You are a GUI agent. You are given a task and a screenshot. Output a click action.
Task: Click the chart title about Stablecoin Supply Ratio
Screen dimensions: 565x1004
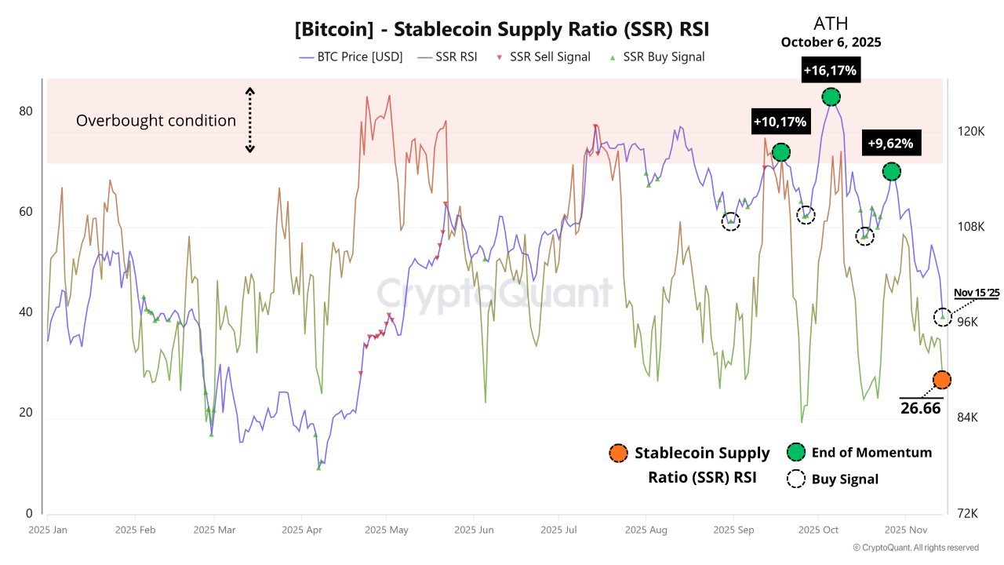coord(502,30)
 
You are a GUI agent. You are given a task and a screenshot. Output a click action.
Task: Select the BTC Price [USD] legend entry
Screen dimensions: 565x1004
coord(351,56)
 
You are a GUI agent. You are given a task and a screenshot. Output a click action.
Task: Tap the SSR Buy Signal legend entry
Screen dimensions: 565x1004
coord(657,56)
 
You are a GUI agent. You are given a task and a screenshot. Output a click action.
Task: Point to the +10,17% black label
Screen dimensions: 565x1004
coord(780,122)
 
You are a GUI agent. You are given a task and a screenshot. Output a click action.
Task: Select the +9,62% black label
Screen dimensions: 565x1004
coord(889,144)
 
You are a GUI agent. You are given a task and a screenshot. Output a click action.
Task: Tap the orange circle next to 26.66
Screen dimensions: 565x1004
coord(942,380)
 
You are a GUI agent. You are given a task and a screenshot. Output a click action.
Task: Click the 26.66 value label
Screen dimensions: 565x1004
coord(921,408)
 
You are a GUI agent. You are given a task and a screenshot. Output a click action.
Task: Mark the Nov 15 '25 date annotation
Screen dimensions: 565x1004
coord(977,293)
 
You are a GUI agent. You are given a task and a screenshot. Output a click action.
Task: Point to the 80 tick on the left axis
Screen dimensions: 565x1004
coord(26,111)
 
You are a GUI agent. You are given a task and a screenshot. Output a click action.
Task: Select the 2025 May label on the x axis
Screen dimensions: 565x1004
coord(387,530)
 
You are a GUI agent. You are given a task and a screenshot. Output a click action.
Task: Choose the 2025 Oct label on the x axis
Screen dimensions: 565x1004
coord(818,530)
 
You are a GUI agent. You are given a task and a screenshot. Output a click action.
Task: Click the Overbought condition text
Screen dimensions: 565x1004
coord(156,121)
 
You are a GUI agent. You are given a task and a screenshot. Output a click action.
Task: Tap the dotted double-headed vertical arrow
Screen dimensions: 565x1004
coord(250,119)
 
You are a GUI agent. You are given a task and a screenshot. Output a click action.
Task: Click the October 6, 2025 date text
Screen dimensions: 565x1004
coord(831,42)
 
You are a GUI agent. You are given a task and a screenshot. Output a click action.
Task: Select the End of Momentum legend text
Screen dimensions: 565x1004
coord(871,453)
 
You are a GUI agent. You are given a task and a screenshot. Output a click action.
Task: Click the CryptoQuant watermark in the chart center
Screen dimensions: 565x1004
coord(494,293)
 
